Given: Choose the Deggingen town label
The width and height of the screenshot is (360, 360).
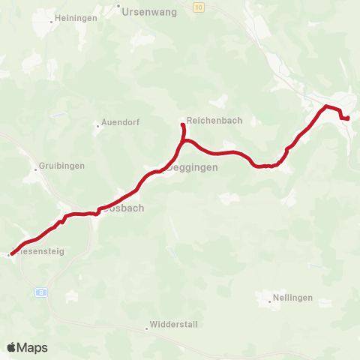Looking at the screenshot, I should point(193,168).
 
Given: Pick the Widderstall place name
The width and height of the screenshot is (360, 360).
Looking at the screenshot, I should point(172,328).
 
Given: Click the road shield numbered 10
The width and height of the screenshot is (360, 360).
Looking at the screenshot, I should point(197,7).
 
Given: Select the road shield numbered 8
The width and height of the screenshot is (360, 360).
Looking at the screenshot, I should point(43,292).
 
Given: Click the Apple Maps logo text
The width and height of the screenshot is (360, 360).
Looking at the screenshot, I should point(27,347).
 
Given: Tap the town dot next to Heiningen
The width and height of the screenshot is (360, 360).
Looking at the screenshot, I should point(51,22).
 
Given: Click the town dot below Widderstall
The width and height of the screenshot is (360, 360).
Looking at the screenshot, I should point(147,328).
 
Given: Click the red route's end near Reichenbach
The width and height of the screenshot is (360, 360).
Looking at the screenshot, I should point(183,124).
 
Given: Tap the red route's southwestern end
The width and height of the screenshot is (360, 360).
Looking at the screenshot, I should point(12,254).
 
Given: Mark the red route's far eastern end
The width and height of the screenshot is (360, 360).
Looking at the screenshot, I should point(348,118).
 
